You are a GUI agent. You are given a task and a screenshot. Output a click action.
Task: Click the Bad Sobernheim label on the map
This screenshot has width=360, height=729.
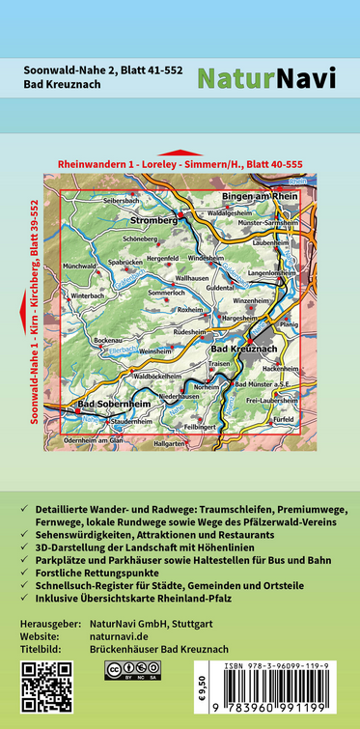114,403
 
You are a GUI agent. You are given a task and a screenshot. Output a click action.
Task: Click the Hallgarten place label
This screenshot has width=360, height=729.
169,443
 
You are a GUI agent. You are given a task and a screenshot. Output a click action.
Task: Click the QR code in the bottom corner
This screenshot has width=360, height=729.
46,687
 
